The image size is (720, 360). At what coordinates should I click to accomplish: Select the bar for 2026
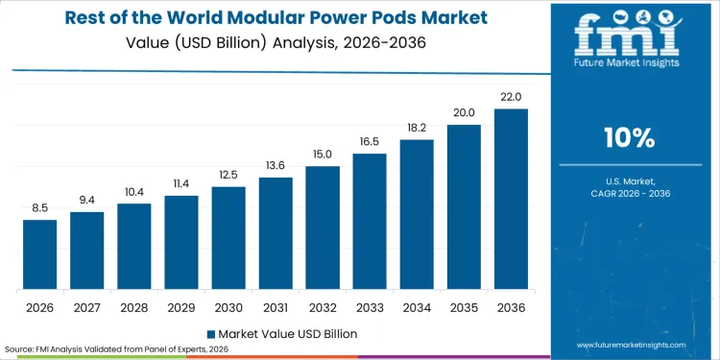tap(40, 254)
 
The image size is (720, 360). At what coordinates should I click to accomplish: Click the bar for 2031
tap(276, 233)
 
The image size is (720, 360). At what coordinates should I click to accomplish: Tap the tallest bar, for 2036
tap(511, 199)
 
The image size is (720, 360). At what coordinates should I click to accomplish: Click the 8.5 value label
tap(40, 208)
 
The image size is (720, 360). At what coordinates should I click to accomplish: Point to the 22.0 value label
tap(511, 97)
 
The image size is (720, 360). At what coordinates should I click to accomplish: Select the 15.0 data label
tap(323, 155)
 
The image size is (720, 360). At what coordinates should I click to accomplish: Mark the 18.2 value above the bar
tap(417, 128)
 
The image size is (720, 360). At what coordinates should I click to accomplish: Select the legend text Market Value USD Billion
tap(287, 333)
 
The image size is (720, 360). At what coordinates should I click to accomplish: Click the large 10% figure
tap(631, 138)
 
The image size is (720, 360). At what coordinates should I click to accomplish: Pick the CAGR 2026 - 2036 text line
tap(631, 194)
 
